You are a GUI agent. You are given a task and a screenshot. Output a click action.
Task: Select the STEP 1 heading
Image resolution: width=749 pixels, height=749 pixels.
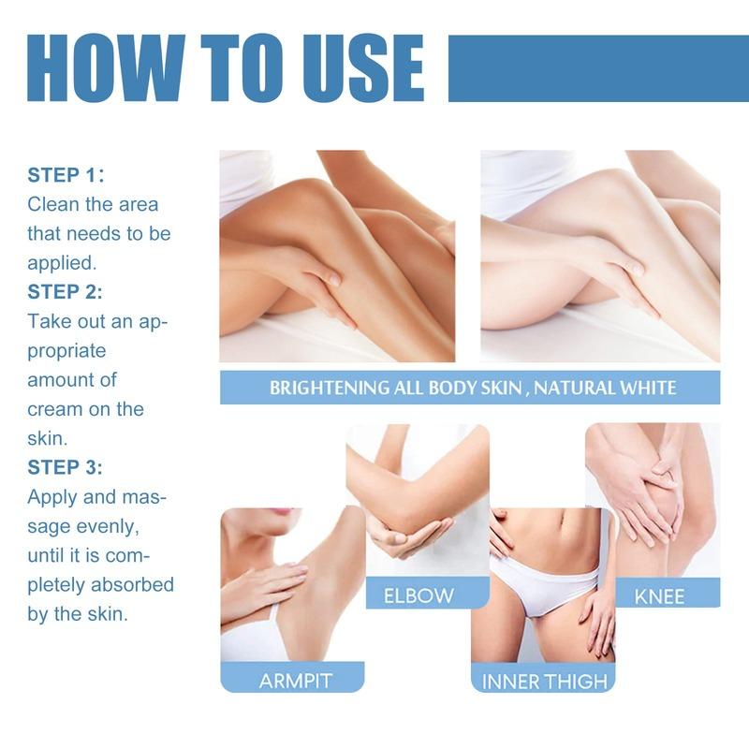click(66, 175)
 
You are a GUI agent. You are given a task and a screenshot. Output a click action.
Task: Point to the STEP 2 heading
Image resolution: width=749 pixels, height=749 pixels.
click(66, 291)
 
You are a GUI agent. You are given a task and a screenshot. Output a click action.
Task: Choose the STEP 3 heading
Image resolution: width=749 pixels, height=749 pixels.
click(66, 466)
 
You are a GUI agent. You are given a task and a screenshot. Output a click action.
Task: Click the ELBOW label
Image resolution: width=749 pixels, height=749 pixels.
click(419, 595)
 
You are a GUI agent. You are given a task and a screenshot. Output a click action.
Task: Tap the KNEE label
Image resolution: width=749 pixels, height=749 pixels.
click(659, 595)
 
